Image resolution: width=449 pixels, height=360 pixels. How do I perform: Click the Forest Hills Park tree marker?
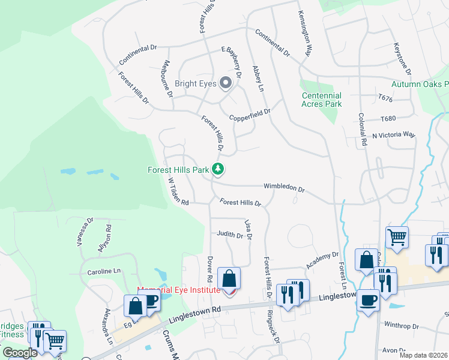coord(218,170)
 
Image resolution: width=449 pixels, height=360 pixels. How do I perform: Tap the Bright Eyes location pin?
coord(226,83)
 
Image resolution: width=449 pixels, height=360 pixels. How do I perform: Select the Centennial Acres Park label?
coord(322,100)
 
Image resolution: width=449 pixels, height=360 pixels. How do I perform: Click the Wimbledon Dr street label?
coord(284,188)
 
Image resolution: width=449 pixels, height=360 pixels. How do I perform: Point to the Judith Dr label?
coord(230,235)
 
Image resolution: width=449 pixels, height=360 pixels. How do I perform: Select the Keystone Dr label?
coord(402,58)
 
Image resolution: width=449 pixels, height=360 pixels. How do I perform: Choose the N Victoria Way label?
coord(394,134)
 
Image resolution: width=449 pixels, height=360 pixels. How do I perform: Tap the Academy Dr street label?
coord(322,260)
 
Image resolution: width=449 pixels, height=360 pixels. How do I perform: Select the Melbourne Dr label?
coord(167,79)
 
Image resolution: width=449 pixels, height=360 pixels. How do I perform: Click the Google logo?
coord(20,353)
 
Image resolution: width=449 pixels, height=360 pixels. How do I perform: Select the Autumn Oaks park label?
coord(420,85)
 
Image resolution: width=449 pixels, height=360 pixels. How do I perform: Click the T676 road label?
coord(385,97)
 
